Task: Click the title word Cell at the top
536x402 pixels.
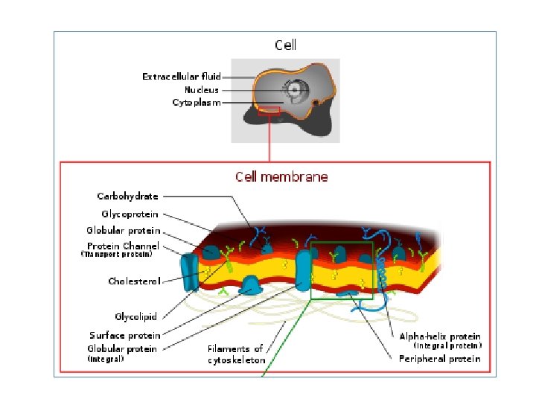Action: [286, 45]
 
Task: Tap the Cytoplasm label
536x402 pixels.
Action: [197, 103]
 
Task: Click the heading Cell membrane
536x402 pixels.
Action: [281, 177]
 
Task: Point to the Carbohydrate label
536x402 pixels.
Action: [128, 197]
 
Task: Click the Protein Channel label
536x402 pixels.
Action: [123, 246]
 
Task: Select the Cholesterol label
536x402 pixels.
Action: [133, 281]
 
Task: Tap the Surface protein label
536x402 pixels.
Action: [124, 335]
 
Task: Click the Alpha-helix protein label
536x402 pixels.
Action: [440, 336]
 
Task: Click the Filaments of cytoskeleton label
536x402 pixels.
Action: [235, 354]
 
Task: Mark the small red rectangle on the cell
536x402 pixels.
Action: [269, 111]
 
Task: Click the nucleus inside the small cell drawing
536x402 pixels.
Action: [296, 91]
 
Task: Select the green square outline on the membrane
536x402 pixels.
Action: [341, 270]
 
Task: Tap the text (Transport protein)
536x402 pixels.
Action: [116, 255]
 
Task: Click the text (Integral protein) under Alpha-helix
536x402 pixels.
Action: [447, 346]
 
